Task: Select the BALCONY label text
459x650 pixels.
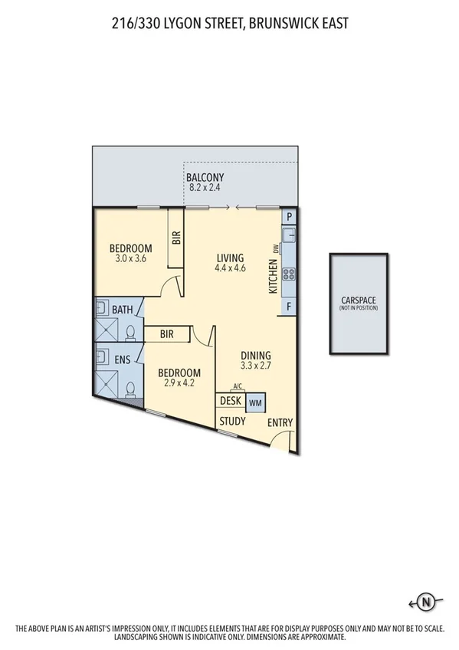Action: pos(205,177)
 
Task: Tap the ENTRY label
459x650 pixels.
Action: pos(280,423)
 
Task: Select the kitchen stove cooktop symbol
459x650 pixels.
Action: pos(289,274)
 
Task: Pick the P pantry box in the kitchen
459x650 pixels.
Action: pos(289,218)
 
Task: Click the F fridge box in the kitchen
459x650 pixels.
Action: pos(289,307)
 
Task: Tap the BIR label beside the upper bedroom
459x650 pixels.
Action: pos(176,238)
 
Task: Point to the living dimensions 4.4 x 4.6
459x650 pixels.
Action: pos(229,268)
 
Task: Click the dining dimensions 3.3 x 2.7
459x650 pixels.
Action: pos(256,366)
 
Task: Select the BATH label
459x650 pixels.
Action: pos(123,310)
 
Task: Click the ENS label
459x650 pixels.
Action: pos(123,359)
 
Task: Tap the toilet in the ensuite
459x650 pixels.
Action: pos(131,389)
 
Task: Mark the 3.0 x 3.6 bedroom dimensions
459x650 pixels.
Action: pos(130,259)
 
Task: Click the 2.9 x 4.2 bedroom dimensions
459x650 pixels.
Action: pos(178,384)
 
